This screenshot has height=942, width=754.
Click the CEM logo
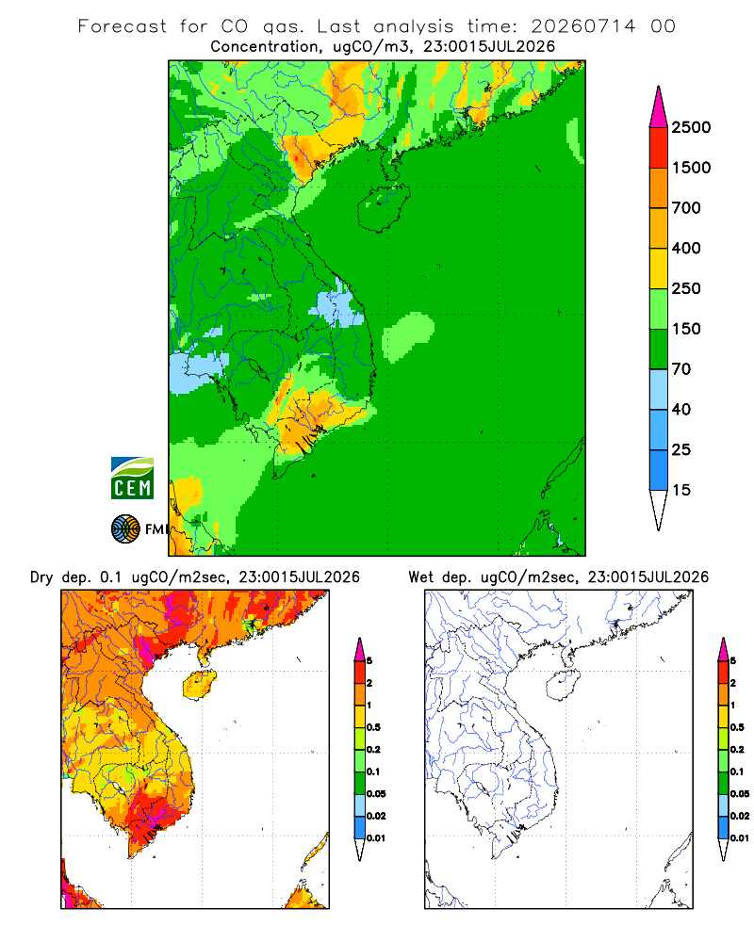coord(132,479)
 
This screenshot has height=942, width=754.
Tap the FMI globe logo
coord(125,528)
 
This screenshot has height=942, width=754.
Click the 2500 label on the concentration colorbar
coord(691,127)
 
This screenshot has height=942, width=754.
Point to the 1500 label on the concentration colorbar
coord(691,168)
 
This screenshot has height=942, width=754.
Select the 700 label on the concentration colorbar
coord(686,208)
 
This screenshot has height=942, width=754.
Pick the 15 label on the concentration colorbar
coord(681,490)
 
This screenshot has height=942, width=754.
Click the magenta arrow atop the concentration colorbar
coord(659,106)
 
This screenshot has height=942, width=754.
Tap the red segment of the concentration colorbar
coord(659,148)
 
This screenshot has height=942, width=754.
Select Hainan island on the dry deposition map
coord(199,686)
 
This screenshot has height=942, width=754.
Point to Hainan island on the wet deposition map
coord(563,686)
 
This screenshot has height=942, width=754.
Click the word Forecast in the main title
coord(123,26)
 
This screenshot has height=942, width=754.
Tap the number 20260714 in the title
coord(582,26)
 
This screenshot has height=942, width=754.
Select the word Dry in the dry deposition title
coord(41,577)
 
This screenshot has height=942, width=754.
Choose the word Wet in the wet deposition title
coord(421,577)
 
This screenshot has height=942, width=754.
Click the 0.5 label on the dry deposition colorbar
coord(373,727)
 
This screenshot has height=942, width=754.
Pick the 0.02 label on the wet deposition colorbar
coord(740,816)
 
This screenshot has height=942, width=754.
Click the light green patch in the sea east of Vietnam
coord(408,336)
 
